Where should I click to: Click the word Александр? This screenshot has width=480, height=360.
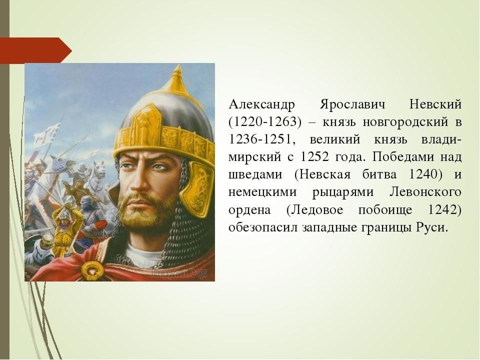click(262, 104)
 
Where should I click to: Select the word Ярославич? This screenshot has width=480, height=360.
click(352, 104)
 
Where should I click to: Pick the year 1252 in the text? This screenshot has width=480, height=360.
click(314, 156)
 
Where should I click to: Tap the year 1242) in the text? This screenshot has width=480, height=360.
click(444, 210)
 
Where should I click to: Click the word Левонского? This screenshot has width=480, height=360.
click(425, 192)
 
